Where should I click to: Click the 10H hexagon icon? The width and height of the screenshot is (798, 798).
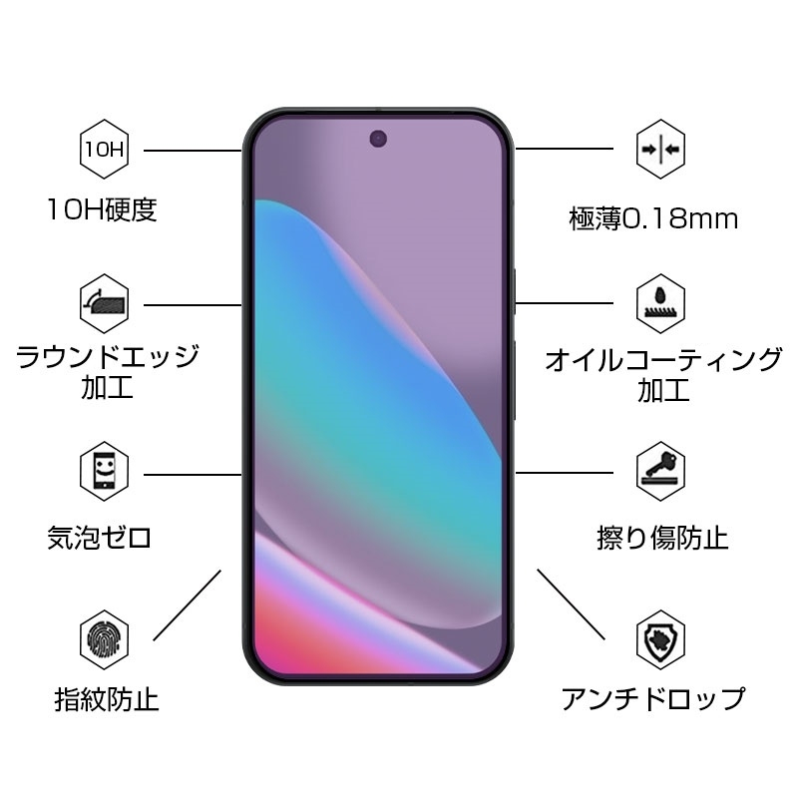(102, 150)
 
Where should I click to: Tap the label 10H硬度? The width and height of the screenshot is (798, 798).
(102, 210)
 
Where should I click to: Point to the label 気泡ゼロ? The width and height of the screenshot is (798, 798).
(100, 539)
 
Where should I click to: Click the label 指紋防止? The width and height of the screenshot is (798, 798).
(107, 699)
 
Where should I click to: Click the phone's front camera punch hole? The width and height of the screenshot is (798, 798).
(379, 138)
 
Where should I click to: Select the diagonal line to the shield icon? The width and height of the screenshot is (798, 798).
(571, 604)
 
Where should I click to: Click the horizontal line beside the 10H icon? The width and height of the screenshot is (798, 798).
(193, 150)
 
